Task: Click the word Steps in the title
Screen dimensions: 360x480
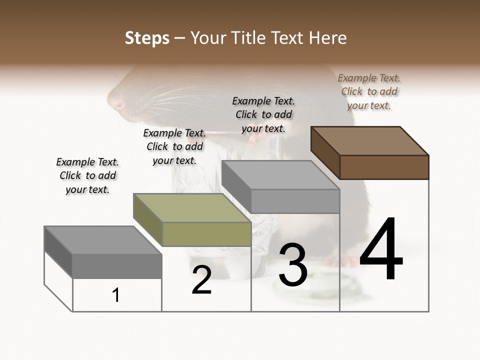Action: point(147,38)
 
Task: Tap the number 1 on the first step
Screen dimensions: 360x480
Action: point(116,295)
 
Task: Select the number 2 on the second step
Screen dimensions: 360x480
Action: point(201,280)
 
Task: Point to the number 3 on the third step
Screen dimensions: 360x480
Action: point(293,265)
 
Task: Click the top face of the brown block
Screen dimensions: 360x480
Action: point(370,140)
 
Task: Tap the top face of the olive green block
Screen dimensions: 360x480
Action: point(192,208)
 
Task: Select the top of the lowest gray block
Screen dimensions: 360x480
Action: point(103,240)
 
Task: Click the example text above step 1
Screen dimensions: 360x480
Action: point(87,175)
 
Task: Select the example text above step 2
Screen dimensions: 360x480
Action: point(174,146)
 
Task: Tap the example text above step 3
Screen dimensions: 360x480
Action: point(263,114)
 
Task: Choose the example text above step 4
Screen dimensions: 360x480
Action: point(369,91)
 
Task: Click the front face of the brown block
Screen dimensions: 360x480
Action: point(384,167)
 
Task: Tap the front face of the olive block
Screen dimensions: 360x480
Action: point(206,234)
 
